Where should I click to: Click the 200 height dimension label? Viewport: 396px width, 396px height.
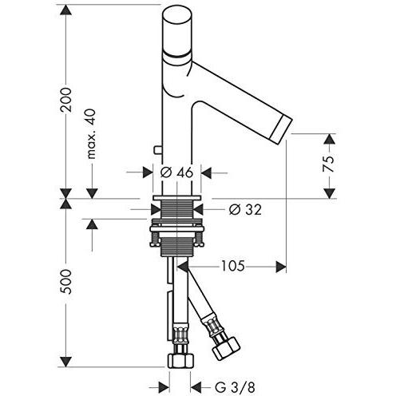click(x=65, y=100)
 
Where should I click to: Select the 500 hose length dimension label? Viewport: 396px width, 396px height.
click(x=65, y=282)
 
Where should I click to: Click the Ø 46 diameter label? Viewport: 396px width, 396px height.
click(x=176, y=173)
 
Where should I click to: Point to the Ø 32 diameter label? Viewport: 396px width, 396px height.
click(x=245, y=210)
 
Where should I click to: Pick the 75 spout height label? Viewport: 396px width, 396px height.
click(x=328, y=164)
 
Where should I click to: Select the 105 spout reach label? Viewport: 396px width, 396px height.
click(x=233, y=266)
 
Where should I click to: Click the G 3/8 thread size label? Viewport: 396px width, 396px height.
click(x=236, y=387)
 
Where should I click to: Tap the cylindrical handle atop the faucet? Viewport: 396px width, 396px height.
click(x=176, y=29)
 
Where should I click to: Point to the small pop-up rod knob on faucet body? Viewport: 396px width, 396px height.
click(x=158, y=150)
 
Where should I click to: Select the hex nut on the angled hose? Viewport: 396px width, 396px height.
click(x=226, y=348)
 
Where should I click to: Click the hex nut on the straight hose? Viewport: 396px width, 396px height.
click(x=180, y=361)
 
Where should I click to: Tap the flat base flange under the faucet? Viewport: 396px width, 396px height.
click(x=176, y=198)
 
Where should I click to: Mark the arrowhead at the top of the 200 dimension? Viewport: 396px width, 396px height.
click(x=65, y=10)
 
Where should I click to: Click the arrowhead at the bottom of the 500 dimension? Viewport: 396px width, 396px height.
click(x=65, y=362)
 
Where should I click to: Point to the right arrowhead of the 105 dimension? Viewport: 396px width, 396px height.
click(x=281, y=267)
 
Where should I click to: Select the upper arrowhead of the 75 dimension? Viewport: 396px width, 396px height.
click(x=330, y=139)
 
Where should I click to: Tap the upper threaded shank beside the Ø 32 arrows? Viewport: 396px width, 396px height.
click(x=176, y=210)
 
